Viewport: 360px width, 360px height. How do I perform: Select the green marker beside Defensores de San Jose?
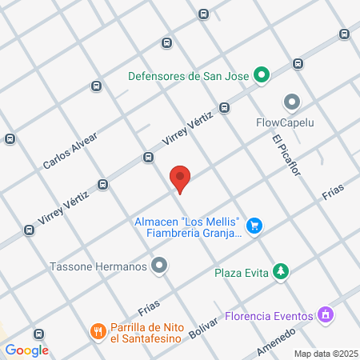coord(261,77)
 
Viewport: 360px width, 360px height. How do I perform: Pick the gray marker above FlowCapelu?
coord(291,102)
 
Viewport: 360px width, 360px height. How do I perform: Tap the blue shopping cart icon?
coord(254,226)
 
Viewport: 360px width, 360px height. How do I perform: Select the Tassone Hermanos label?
coord(98,266)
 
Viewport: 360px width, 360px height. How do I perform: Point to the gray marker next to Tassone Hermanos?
coord(160,266)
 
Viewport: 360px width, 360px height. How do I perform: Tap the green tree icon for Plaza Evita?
coord(280,272)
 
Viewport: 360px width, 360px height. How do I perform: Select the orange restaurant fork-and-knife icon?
coord(98,330)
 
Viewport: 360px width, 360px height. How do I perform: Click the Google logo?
coord(26,350)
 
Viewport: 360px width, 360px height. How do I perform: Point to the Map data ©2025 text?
coord(324,354)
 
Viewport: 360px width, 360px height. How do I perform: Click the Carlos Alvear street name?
coord(70,151)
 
